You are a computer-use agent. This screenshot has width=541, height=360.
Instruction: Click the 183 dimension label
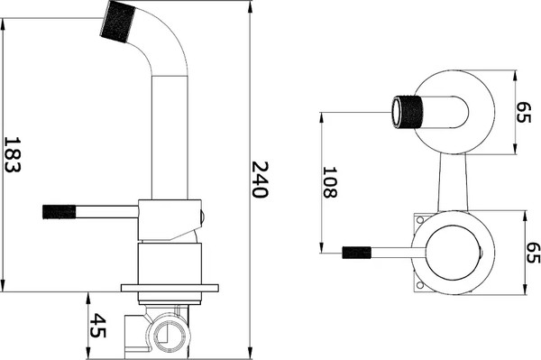(14, 156)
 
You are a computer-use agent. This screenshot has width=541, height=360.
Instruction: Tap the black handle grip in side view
(59, 212)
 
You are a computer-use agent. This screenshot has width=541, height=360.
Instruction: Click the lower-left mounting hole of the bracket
(419, 286)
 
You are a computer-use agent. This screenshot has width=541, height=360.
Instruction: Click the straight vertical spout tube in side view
(170, 135)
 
